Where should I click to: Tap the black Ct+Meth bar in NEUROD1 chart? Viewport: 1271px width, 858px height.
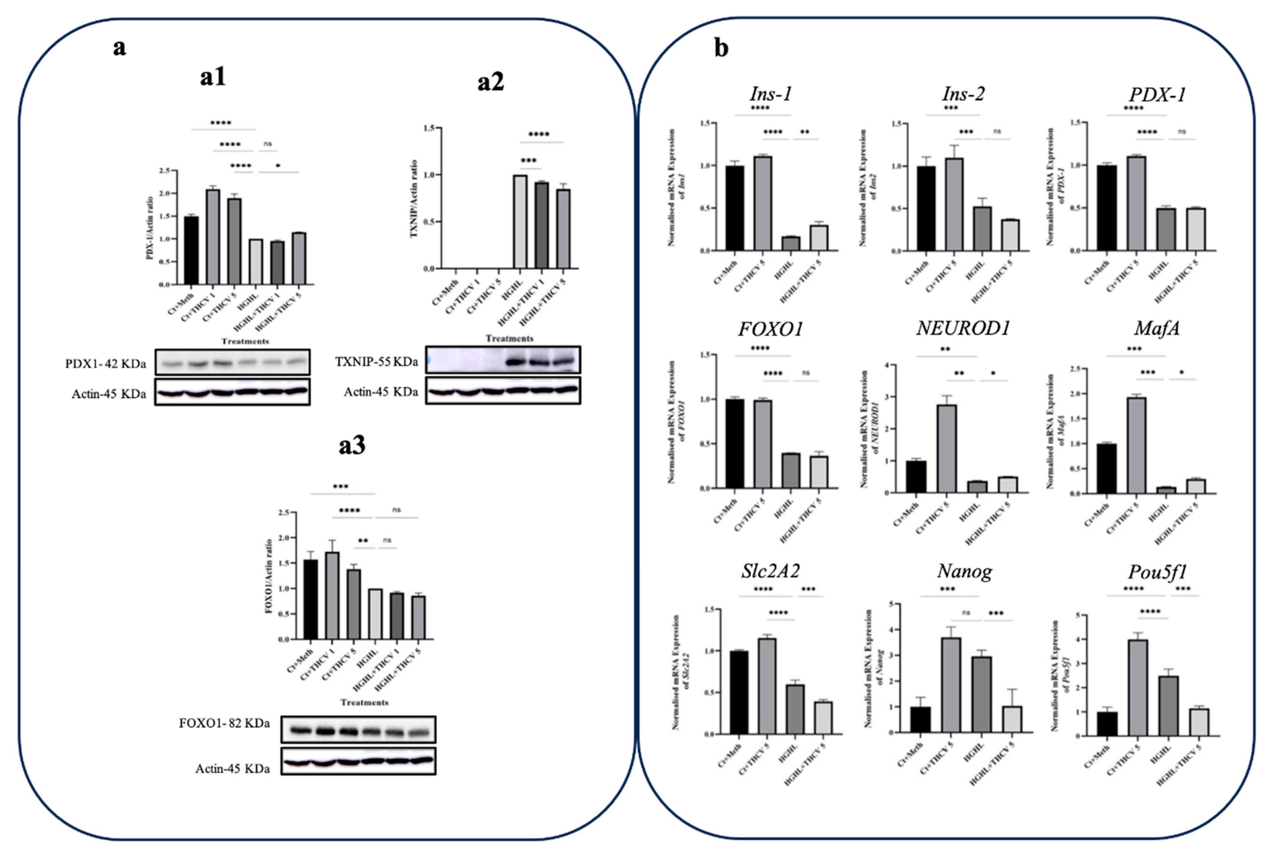[x=916, y=477]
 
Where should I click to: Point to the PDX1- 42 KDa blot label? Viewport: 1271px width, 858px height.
[x=105, y=364]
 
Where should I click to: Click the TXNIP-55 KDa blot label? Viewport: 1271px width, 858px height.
[x=377, y=362]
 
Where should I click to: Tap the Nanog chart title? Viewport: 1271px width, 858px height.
[x=965, y=571]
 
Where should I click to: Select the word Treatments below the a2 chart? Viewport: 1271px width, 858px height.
[x=509, y=338]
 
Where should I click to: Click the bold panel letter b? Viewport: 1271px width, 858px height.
[x=721, y=49]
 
